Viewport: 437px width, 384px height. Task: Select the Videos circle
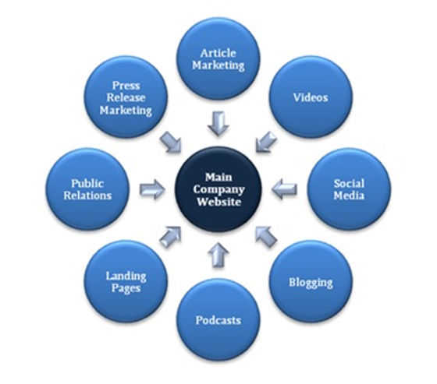[x=309, y=99]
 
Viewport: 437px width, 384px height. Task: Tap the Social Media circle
[x=348, y=188]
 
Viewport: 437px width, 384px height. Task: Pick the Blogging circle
[x=310, y=281]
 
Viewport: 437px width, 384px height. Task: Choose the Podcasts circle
[x=218, y=320]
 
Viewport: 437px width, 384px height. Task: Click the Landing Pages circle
[x=126, y=281]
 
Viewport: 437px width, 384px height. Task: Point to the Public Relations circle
[x=87, y=188]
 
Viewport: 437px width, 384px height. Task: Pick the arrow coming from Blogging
[x=265, y=237]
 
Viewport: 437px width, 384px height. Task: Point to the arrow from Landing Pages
[x=170, y=237]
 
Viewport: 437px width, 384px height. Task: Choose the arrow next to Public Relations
[x=153, y=189]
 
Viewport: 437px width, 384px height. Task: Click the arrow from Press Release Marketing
[x=169, y=141]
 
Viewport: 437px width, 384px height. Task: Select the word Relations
[x=87, y=196]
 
